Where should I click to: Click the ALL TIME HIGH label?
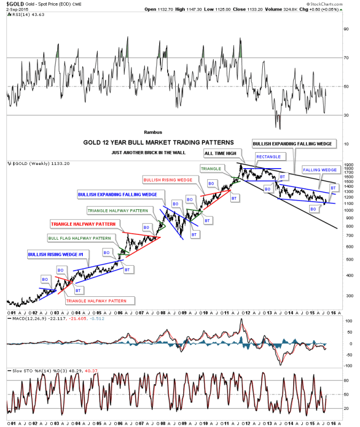tap(221, 154)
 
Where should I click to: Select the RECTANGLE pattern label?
tap(268, 156)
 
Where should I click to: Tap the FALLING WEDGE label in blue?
tap(319, 170)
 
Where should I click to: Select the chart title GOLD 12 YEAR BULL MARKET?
tap(158, 143)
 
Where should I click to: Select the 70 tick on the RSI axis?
tap(346, 57)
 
